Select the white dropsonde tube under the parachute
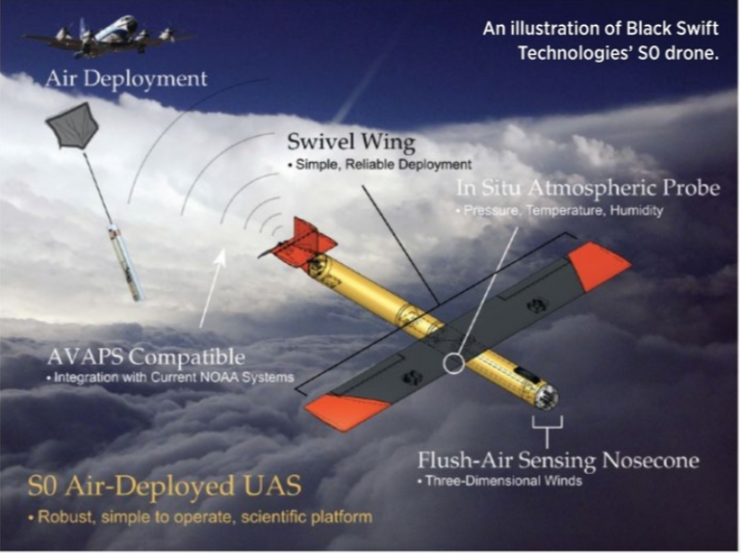pos(125,262)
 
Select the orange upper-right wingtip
pos(599,265)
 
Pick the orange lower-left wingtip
pos(347,412)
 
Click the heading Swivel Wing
pos(351,142)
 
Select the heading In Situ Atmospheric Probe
pos(588,188)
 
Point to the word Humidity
pos(636,210)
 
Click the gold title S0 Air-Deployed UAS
pos(165,486)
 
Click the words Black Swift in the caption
pos(672,28)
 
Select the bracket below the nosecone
pos(548,427)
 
